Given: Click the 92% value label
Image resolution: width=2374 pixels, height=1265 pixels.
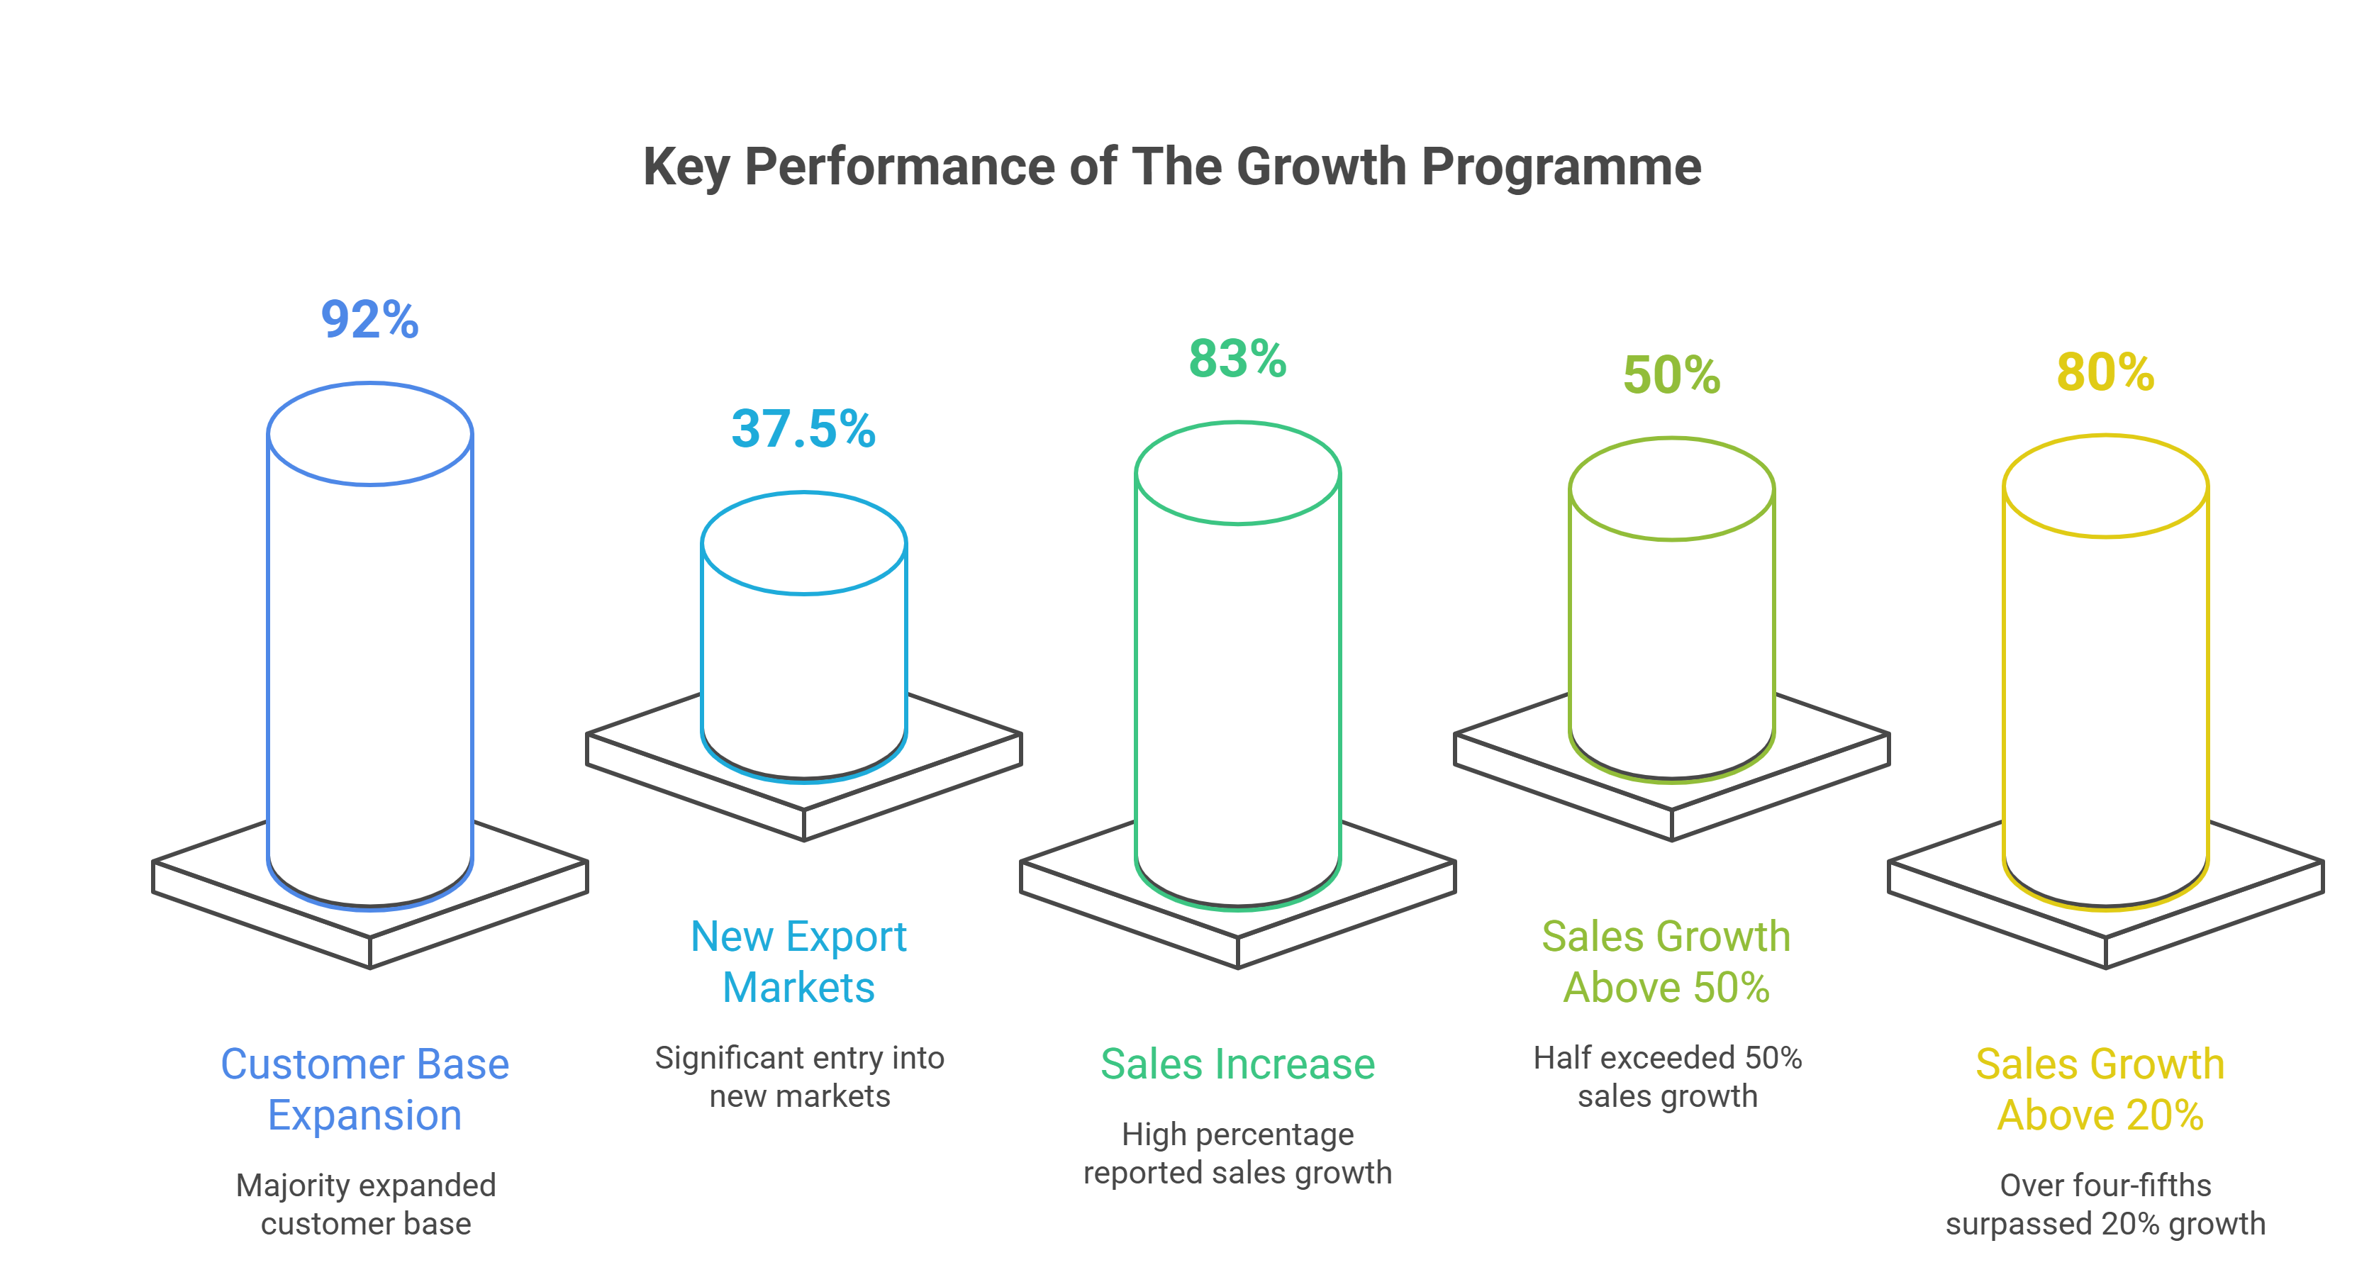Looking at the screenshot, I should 369,320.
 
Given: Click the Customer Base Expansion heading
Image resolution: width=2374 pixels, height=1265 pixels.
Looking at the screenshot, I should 365,1089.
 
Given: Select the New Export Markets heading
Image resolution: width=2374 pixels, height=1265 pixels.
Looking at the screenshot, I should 799,962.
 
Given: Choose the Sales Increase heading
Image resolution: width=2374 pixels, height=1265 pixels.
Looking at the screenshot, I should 1237,1064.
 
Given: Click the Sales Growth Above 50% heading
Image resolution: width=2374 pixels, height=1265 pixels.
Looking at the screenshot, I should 1666,962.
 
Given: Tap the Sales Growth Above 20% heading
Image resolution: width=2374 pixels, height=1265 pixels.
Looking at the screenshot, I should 2100,1089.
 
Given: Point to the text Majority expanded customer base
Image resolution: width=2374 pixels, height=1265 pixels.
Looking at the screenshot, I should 366,1204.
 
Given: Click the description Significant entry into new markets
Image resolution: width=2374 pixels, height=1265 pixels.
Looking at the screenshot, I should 800,1076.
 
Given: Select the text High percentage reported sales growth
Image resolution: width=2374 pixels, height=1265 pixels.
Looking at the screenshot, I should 1237,1154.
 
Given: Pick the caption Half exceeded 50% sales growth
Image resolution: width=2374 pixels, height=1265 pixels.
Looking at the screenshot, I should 1667,1076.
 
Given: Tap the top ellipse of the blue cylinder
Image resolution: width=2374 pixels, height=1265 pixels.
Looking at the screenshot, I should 369,433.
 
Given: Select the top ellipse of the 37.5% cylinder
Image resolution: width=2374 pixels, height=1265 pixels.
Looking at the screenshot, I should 803,542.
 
